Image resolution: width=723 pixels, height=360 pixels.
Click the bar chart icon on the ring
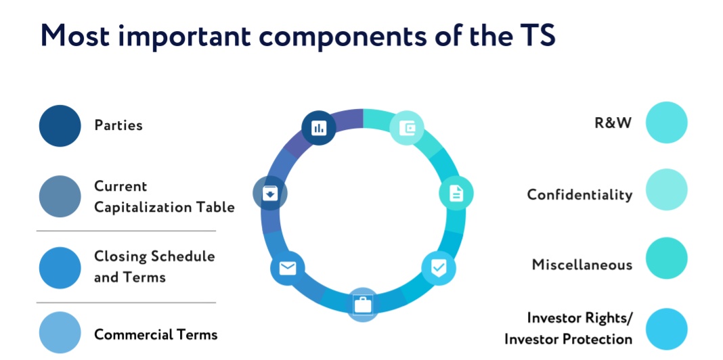click(x=318, y=128)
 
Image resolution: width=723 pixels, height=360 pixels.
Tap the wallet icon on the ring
click(x=407, y=128)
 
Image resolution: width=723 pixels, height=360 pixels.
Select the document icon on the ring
click(x=456, y=193)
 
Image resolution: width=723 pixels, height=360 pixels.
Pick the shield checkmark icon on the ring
click(x=439, y=268)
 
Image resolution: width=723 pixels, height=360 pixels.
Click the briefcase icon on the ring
click(x=362, y=305)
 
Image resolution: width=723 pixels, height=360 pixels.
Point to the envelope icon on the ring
click(x=287, y=268)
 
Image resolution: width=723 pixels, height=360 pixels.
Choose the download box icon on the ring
click(x=270, y=193)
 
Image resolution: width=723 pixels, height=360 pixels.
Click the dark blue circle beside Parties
click(x=60, y=126)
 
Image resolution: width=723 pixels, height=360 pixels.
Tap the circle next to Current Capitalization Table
click(x=60, y=196)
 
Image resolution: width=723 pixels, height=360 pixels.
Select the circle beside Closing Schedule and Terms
click(x=60, y=268)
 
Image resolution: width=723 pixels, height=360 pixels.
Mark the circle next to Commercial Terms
click(x=60, y=333)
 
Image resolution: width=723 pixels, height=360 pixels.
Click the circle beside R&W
click(x=666, y=122)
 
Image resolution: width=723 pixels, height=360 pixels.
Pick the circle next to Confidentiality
click(x=666, y=190)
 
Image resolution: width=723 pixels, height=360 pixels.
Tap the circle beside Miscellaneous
click(x=666, y=258)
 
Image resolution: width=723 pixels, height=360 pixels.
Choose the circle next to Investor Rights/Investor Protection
click(x=666, y=329)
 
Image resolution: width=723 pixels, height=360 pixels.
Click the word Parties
click(x=118, y=125)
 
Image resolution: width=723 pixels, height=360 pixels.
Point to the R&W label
click(x=613, y=123)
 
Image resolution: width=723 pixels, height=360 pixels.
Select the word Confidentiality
click(x=579, y=195)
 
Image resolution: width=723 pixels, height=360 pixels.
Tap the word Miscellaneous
click(x=582, y=265)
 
